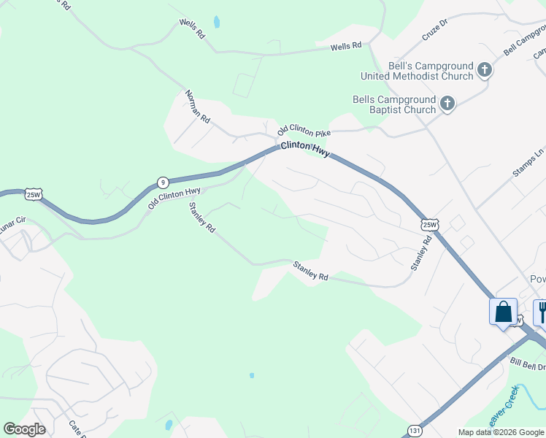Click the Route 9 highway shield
[x=163, y=182]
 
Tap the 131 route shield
[x=415, y=430]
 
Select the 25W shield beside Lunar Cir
[x=34, y=194]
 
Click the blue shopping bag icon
[x=503, y=312]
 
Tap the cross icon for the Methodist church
[x=484, y=71]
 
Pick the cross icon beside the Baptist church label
[x=447, y=104]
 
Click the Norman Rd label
[x=197, y=106]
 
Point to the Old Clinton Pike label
[x=304, y=131]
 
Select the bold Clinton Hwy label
[x=306, y=149]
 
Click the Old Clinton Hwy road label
[x=174, y=198]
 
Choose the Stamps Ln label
[x=529, y=164]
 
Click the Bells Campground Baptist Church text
[x=394, y=104]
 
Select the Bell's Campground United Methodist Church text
[x=418, y=71]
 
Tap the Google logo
[x=24, y=429]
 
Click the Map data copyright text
[x=501, y=432]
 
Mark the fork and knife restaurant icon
[x=542, y=312]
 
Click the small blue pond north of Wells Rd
[x=217, y=21]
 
